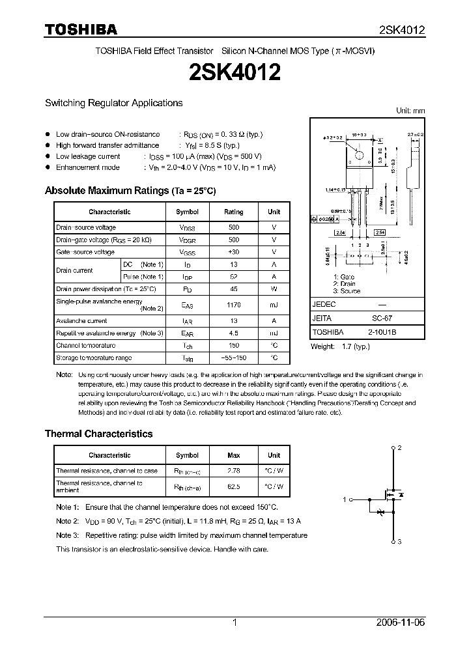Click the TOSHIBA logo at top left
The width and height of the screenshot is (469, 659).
(x=81, y=29)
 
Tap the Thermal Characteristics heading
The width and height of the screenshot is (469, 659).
(x=98, y=434)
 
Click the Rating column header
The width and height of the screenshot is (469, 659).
(x=234, y=212)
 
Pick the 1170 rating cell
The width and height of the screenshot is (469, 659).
(x=234, y=305)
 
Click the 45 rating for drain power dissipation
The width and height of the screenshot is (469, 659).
(x=234, y=288)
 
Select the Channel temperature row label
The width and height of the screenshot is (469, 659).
(x=85, y=346)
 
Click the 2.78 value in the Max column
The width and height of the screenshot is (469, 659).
(x=234, y=470)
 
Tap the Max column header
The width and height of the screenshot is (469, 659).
(x=234, y=455)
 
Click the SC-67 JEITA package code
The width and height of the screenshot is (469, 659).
(x=382, y=318)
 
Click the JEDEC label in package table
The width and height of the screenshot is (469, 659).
(x=324, y=304)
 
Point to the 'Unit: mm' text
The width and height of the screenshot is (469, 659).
(x=410, y=111)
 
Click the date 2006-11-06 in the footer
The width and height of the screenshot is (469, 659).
(x=403, y=623)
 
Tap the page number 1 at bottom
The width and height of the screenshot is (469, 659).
(x=234, y=623)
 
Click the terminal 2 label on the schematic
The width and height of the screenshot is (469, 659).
(x=399, y=448)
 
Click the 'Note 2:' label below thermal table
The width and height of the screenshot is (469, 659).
(x=67, y=521)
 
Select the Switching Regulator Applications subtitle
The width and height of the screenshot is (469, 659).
(x=113, y=103)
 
